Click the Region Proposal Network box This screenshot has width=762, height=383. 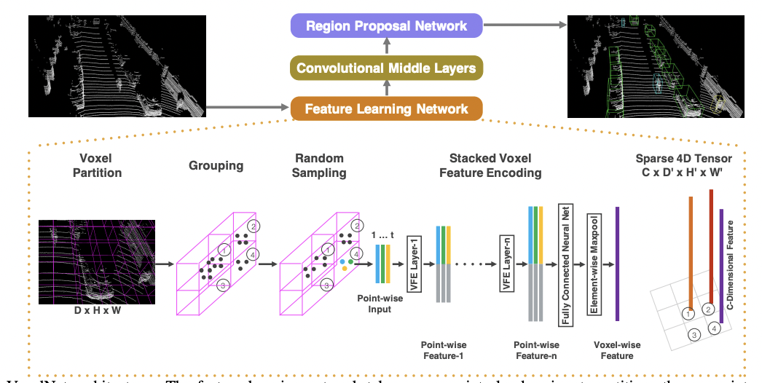pyautogui.click(x=386, y=26)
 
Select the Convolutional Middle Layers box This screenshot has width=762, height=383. pyautogui.click(x=386, y=68)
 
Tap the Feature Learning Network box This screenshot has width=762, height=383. pyautogui.click(x=386, y=109)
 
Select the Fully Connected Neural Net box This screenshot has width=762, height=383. pyautogui.click(x=565, y=264)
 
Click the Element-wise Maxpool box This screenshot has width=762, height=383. pyautogui.click(x=594, y=264)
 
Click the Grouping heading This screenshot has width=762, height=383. pyautogui.click(x=216, y=165)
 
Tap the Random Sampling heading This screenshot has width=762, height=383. pyautogui.click(x=319, y=165)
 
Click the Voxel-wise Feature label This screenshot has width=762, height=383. pyautogui.click(x=617, y=350)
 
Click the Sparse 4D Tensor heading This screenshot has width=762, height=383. pyautogui.click(x=683, y=165)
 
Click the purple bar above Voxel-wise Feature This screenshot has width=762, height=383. pyautogui.click(x=617, y=264)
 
